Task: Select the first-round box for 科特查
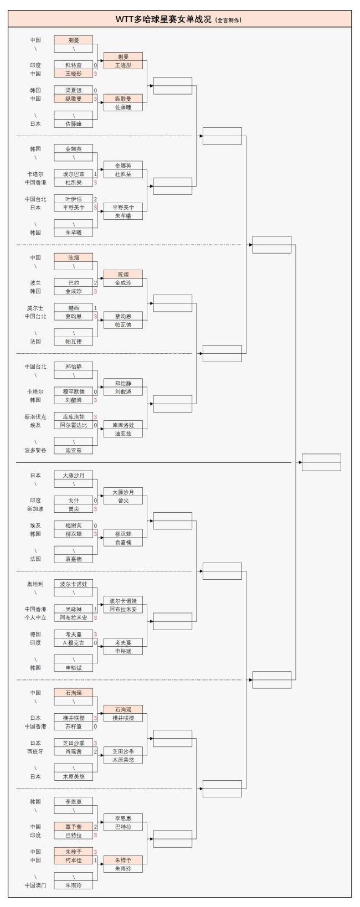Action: coord(73,65)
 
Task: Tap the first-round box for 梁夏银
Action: coord(73,90)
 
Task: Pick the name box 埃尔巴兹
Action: coord(73,174)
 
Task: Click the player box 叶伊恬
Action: coord(73,199)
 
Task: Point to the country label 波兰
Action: coord(35,282)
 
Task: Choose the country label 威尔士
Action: coord(35,308)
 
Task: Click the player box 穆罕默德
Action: coord(73,391)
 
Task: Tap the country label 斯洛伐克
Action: coord(35,416)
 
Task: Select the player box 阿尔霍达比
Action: coord(73,425)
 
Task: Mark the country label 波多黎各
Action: coord(35,450)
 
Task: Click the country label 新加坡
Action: coord(35,509)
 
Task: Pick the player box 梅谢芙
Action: coord(73,525)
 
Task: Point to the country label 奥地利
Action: coord(35,584)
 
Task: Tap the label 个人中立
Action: coord(35,617)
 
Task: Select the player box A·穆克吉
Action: coord(73,643)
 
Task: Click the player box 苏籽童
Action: coord(73,726)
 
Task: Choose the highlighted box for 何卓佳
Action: coord(73,860)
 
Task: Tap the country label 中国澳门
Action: coord(35,885)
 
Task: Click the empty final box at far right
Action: coord(321,462)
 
